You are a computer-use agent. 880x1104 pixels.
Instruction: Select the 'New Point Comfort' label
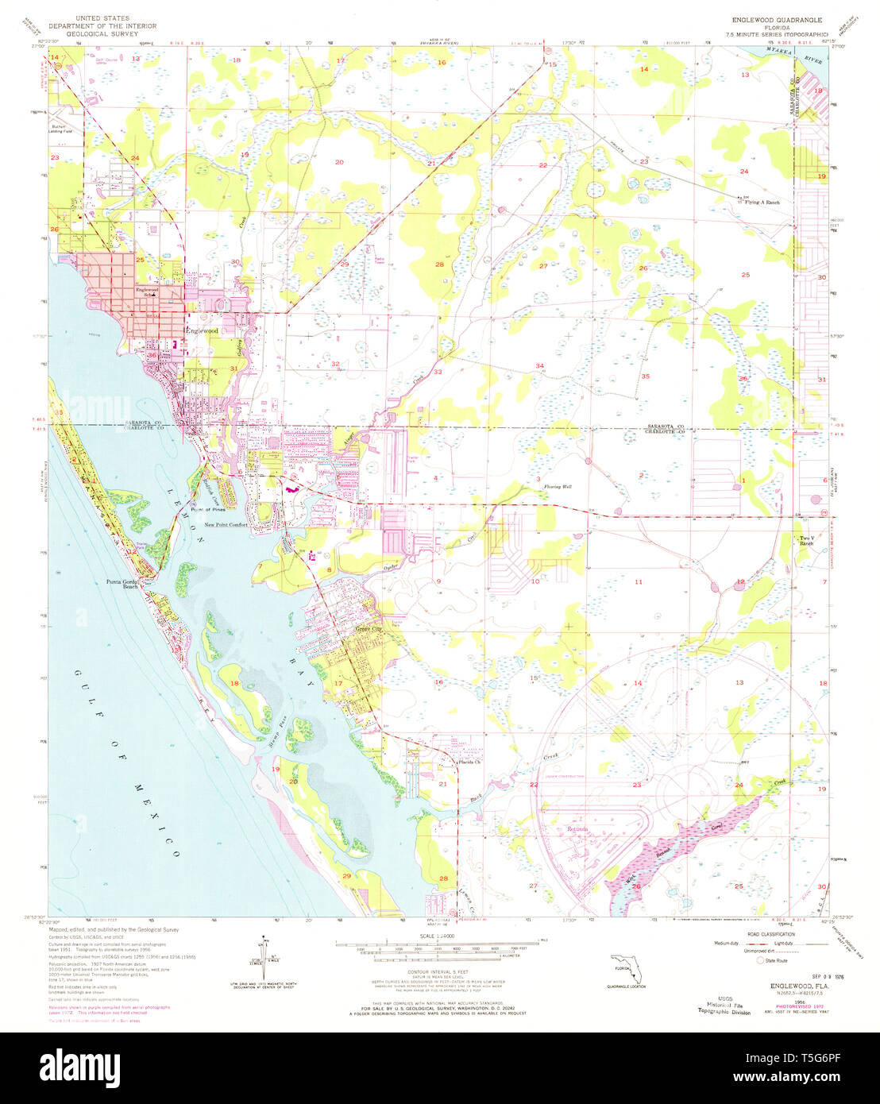coord(226,525)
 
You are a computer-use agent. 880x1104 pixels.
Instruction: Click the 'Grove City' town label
coord(367,629)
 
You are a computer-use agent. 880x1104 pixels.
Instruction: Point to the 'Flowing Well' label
coord(558,486)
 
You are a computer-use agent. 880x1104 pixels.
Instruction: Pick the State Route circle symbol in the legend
coord(762,960)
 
